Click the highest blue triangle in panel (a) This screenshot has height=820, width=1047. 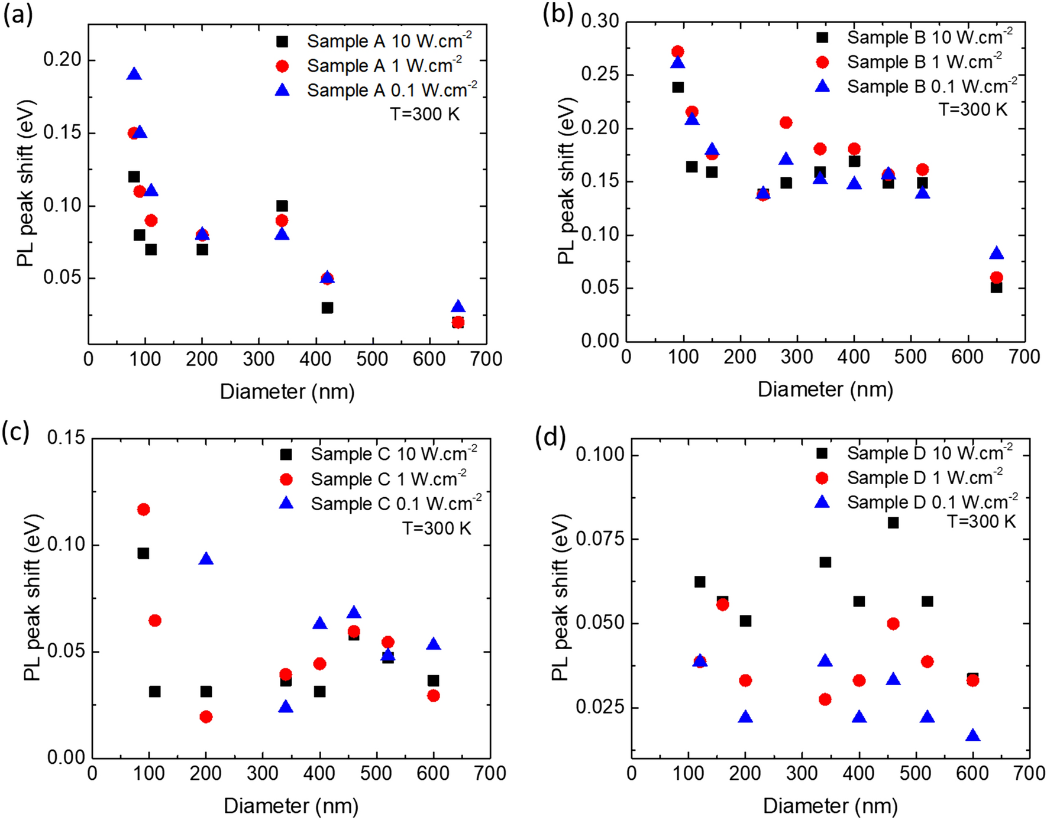134,74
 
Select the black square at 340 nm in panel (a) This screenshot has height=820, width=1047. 282,206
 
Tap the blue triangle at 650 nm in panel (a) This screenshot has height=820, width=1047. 458,307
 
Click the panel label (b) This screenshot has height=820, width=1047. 557,15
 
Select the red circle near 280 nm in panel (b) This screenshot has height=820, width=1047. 786,122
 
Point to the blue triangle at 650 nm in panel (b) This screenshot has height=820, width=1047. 996,254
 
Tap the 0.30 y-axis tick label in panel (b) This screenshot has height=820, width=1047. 600,21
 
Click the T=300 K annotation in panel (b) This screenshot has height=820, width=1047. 973,109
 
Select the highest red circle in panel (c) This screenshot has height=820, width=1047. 143,509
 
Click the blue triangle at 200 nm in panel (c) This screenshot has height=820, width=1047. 206,559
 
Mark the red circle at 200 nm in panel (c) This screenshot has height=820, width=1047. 206,717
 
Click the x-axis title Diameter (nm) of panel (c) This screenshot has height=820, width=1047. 291,805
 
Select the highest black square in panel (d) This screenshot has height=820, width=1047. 893,523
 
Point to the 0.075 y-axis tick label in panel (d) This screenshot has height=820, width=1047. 600,539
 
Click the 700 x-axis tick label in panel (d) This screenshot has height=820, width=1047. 1029,773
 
